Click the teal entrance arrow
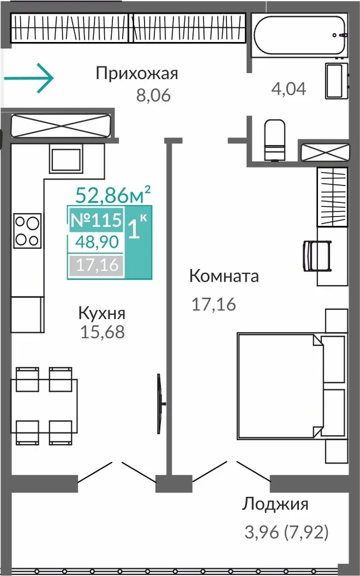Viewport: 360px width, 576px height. [x=29, y=78]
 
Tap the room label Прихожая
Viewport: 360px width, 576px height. [x=137, y=74]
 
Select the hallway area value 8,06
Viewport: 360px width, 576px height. [x=154, y=95]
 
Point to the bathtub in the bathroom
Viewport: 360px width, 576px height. [x=299, y=36]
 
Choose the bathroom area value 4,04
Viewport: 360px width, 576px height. [x=289, y=89]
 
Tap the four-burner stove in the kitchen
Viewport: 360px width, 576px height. [x=28, y=231]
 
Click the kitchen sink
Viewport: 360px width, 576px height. [x=66, y=160]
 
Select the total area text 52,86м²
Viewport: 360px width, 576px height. [x=113, y=195]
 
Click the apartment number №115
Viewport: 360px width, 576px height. [x=96, y=220]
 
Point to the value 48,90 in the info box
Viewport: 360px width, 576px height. [x=97, y=242]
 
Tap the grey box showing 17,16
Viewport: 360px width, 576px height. [x=96, y=265]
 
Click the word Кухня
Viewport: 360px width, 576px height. [x=102, y=314]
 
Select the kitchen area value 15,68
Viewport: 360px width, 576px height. [x=103, y=332]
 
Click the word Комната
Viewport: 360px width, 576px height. [x=224, y=276]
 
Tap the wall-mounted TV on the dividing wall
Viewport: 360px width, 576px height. [x=160, y=404]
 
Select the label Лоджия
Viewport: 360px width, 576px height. [x=275, y=505]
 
